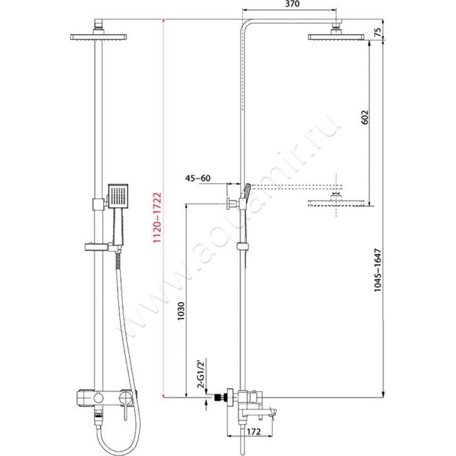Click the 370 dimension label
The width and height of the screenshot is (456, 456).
coord(292,4)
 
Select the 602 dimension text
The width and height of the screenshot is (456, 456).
coord(364,117)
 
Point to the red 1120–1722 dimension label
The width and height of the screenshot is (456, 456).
coord(157,218)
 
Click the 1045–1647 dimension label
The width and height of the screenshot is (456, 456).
coord(377,270)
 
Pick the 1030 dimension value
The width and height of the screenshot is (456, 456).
coord(181,311)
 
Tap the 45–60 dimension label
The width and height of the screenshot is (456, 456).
coord(198,178)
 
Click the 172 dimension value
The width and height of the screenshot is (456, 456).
coord(254,432)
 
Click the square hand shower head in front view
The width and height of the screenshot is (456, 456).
coord(118,196)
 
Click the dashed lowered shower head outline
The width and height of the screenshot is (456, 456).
coord(336,203)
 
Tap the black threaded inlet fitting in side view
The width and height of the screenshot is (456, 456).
coord(218,397)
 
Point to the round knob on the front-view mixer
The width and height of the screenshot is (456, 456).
coord(98,397)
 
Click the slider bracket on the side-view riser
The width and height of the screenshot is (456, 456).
coord(243,246)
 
